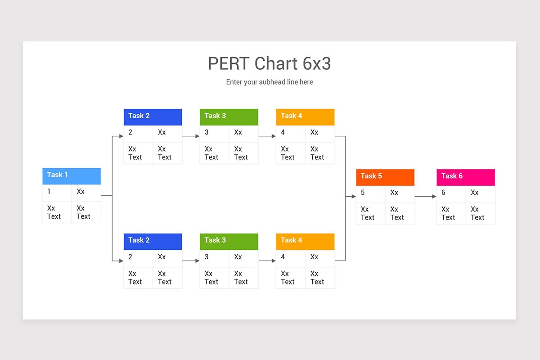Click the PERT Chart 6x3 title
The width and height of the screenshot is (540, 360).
269,64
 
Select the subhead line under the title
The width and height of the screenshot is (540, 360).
269,82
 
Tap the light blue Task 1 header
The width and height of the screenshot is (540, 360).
72,175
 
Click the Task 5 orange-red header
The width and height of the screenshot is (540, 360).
385,177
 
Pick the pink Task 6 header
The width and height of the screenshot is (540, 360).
465,177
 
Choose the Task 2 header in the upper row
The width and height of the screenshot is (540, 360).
153,117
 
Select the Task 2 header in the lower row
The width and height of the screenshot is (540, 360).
153,241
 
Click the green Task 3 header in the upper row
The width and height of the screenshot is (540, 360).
229,117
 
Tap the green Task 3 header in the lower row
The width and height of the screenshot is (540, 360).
229,241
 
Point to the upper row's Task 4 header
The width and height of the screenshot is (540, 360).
305,117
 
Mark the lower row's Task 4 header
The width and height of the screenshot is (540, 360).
305,241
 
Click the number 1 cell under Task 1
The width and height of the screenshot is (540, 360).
57,193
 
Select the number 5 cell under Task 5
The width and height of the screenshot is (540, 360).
370,193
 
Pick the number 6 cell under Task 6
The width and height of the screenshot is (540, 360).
451,193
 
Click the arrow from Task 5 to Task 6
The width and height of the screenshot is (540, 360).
425,196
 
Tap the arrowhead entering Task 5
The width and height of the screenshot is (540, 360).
353,196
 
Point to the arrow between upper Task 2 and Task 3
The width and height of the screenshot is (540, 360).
191,136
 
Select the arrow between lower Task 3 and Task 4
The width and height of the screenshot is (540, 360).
267,261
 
